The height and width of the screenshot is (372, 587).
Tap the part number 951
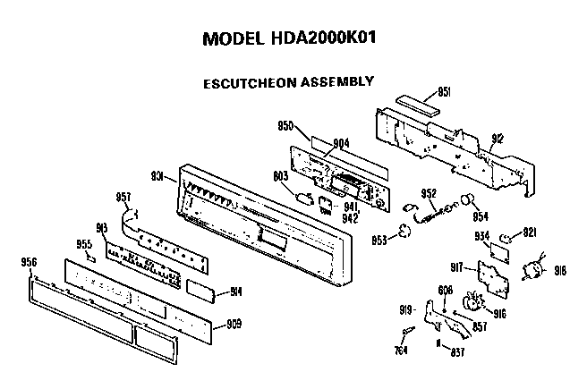[x=445, y=92]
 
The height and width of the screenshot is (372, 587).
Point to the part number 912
[x=498, y=139]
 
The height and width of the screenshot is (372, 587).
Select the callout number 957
[x=124, y=197]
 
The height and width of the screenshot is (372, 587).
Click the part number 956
[x=28, y=262]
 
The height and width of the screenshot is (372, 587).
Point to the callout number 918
[x=561, y=270]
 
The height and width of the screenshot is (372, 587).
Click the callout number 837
[x=456, y=351]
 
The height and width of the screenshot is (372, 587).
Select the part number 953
[x=379, y=240]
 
